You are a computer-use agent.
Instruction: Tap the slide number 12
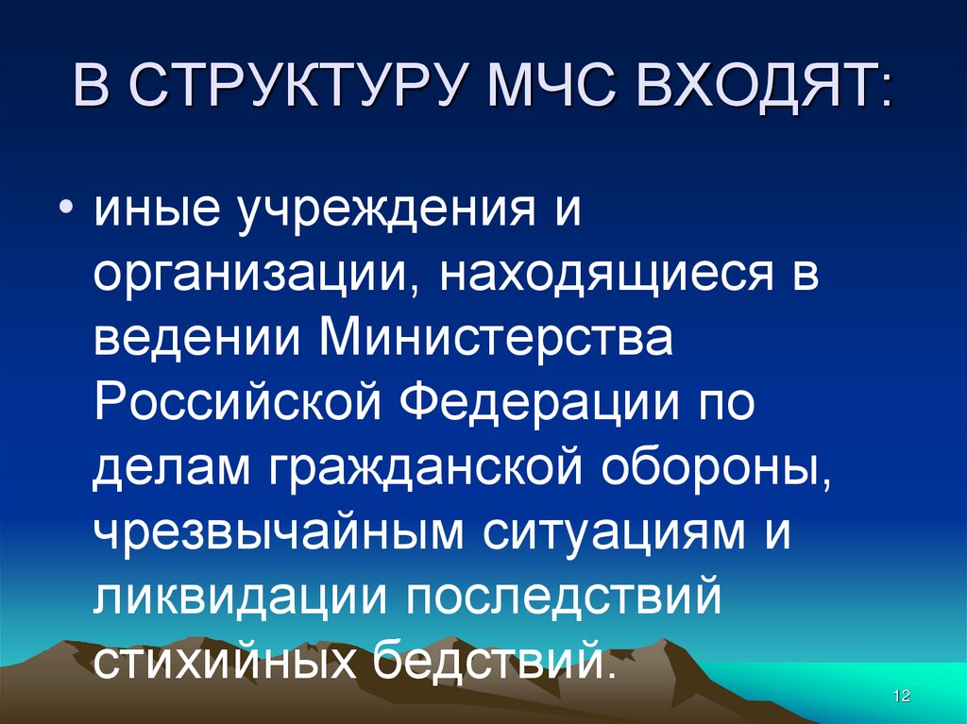coord(900,696)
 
